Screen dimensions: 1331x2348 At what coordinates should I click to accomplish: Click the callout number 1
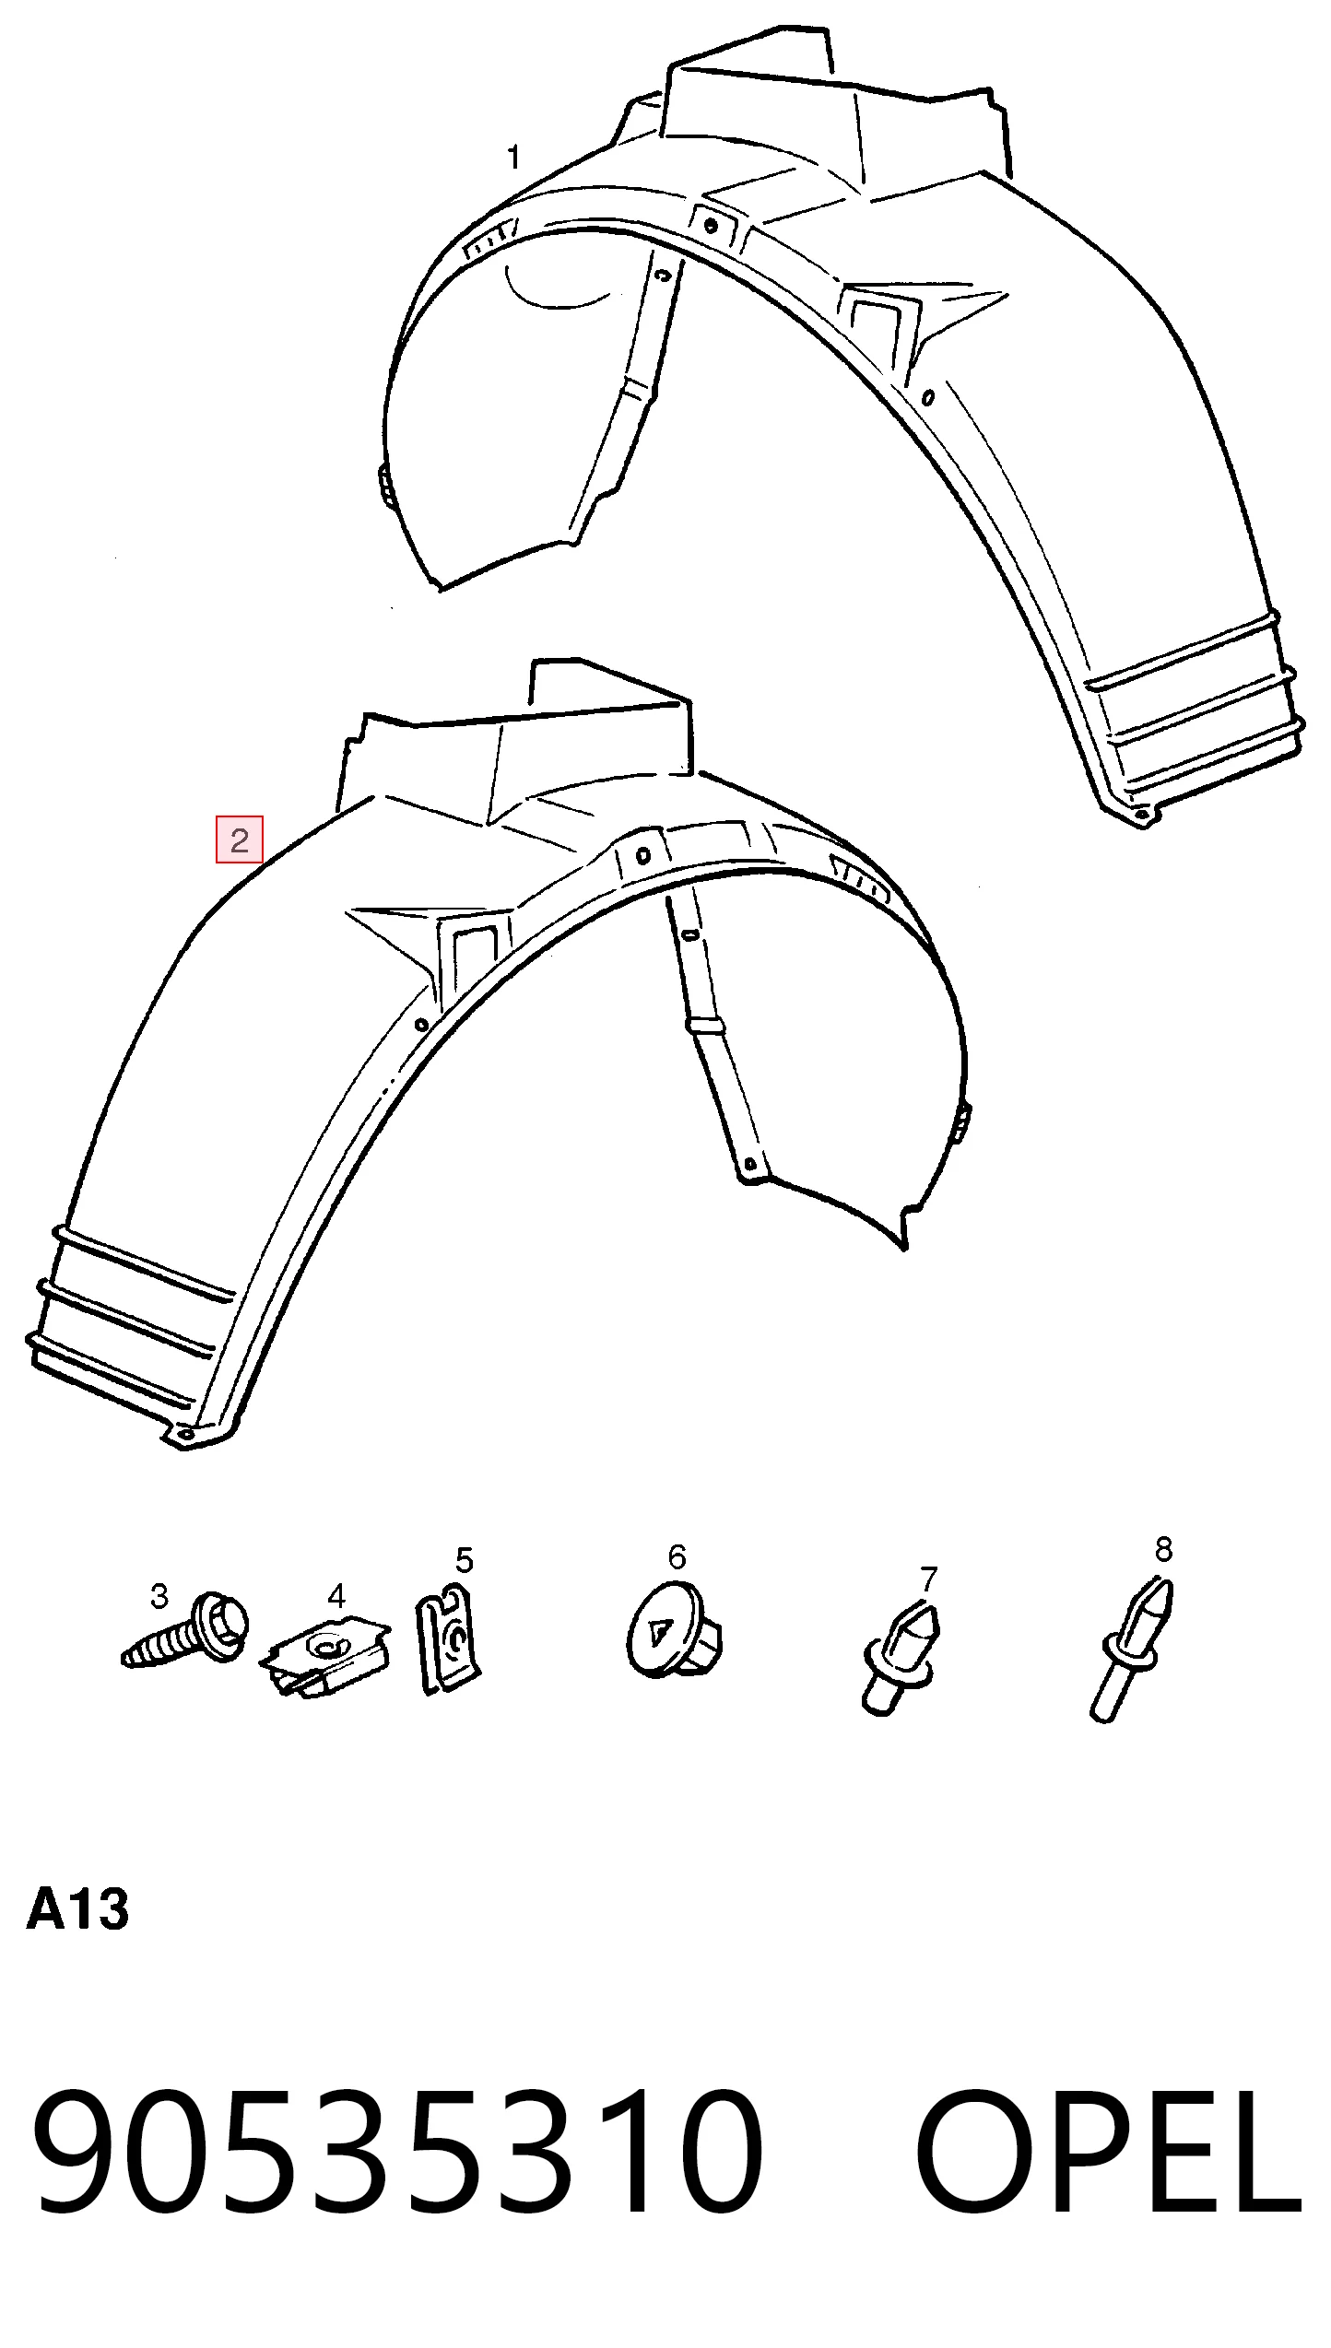coord(514,158)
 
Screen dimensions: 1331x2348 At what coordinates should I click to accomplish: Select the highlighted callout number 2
coord(240,839)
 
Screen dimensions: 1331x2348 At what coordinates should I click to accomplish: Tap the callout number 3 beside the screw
coord(159,1596)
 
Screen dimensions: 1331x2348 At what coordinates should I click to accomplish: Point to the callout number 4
coord(336,1596)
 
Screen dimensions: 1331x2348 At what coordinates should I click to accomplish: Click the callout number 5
coord(464,1560)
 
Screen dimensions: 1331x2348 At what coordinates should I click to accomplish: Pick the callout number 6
coord(677,1557)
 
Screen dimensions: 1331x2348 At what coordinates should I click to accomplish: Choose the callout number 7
coord(928,1579)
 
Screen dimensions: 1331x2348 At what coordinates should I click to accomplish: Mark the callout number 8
coord(1164,1549)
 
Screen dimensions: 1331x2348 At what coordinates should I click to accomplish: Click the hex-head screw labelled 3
coord(184,1630)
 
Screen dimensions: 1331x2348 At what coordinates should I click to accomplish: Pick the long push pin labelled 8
coord(1131,1650)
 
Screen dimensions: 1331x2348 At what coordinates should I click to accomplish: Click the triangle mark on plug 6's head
coord(658,1634)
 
